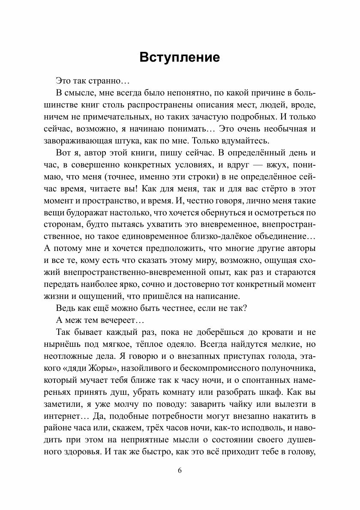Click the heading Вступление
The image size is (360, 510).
coord(180,57)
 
